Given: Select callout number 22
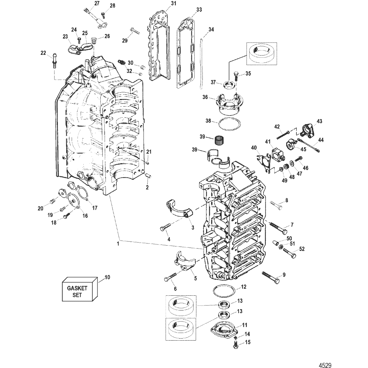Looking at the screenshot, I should click(x=43, y=53).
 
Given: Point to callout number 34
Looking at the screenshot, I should click(x=211, y=29).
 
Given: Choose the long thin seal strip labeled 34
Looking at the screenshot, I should click(x=201, y=64).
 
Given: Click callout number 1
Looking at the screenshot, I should click(x=118, y=244).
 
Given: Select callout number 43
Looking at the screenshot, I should click(x=319, y=121).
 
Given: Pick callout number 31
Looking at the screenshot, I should click(x=164, y=3).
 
